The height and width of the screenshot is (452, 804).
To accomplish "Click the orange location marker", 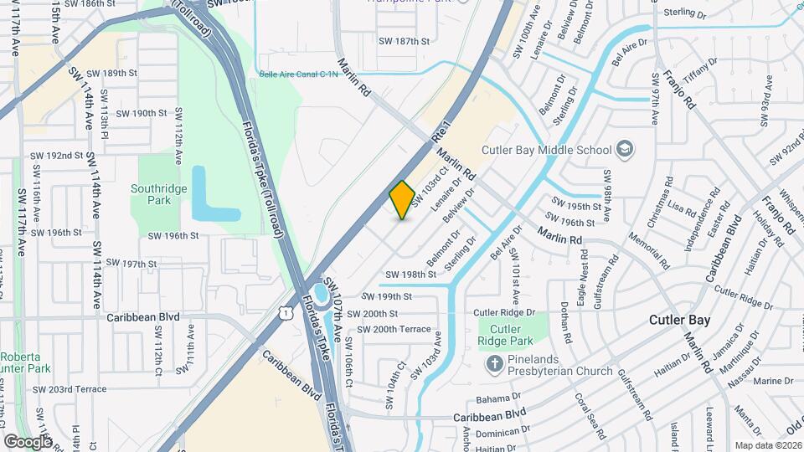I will point(403,200).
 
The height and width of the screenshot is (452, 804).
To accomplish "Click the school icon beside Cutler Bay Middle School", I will point(625,150).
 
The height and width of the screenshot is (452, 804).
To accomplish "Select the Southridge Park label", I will point(158,195).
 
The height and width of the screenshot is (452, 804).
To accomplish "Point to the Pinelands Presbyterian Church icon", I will point(495,362).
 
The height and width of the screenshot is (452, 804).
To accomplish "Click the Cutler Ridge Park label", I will point(511,335).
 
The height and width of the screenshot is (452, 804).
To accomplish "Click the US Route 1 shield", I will point(286,312).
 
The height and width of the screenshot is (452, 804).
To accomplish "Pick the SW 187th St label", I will point(404,40).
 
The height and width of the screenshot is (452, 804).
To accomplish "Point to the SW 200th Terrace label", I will point(394,330).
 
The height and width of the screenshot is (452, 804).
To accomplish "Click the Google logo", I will point(28,441).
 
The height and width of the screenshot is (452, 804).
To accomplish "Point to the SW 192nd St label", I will point(57,156).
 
